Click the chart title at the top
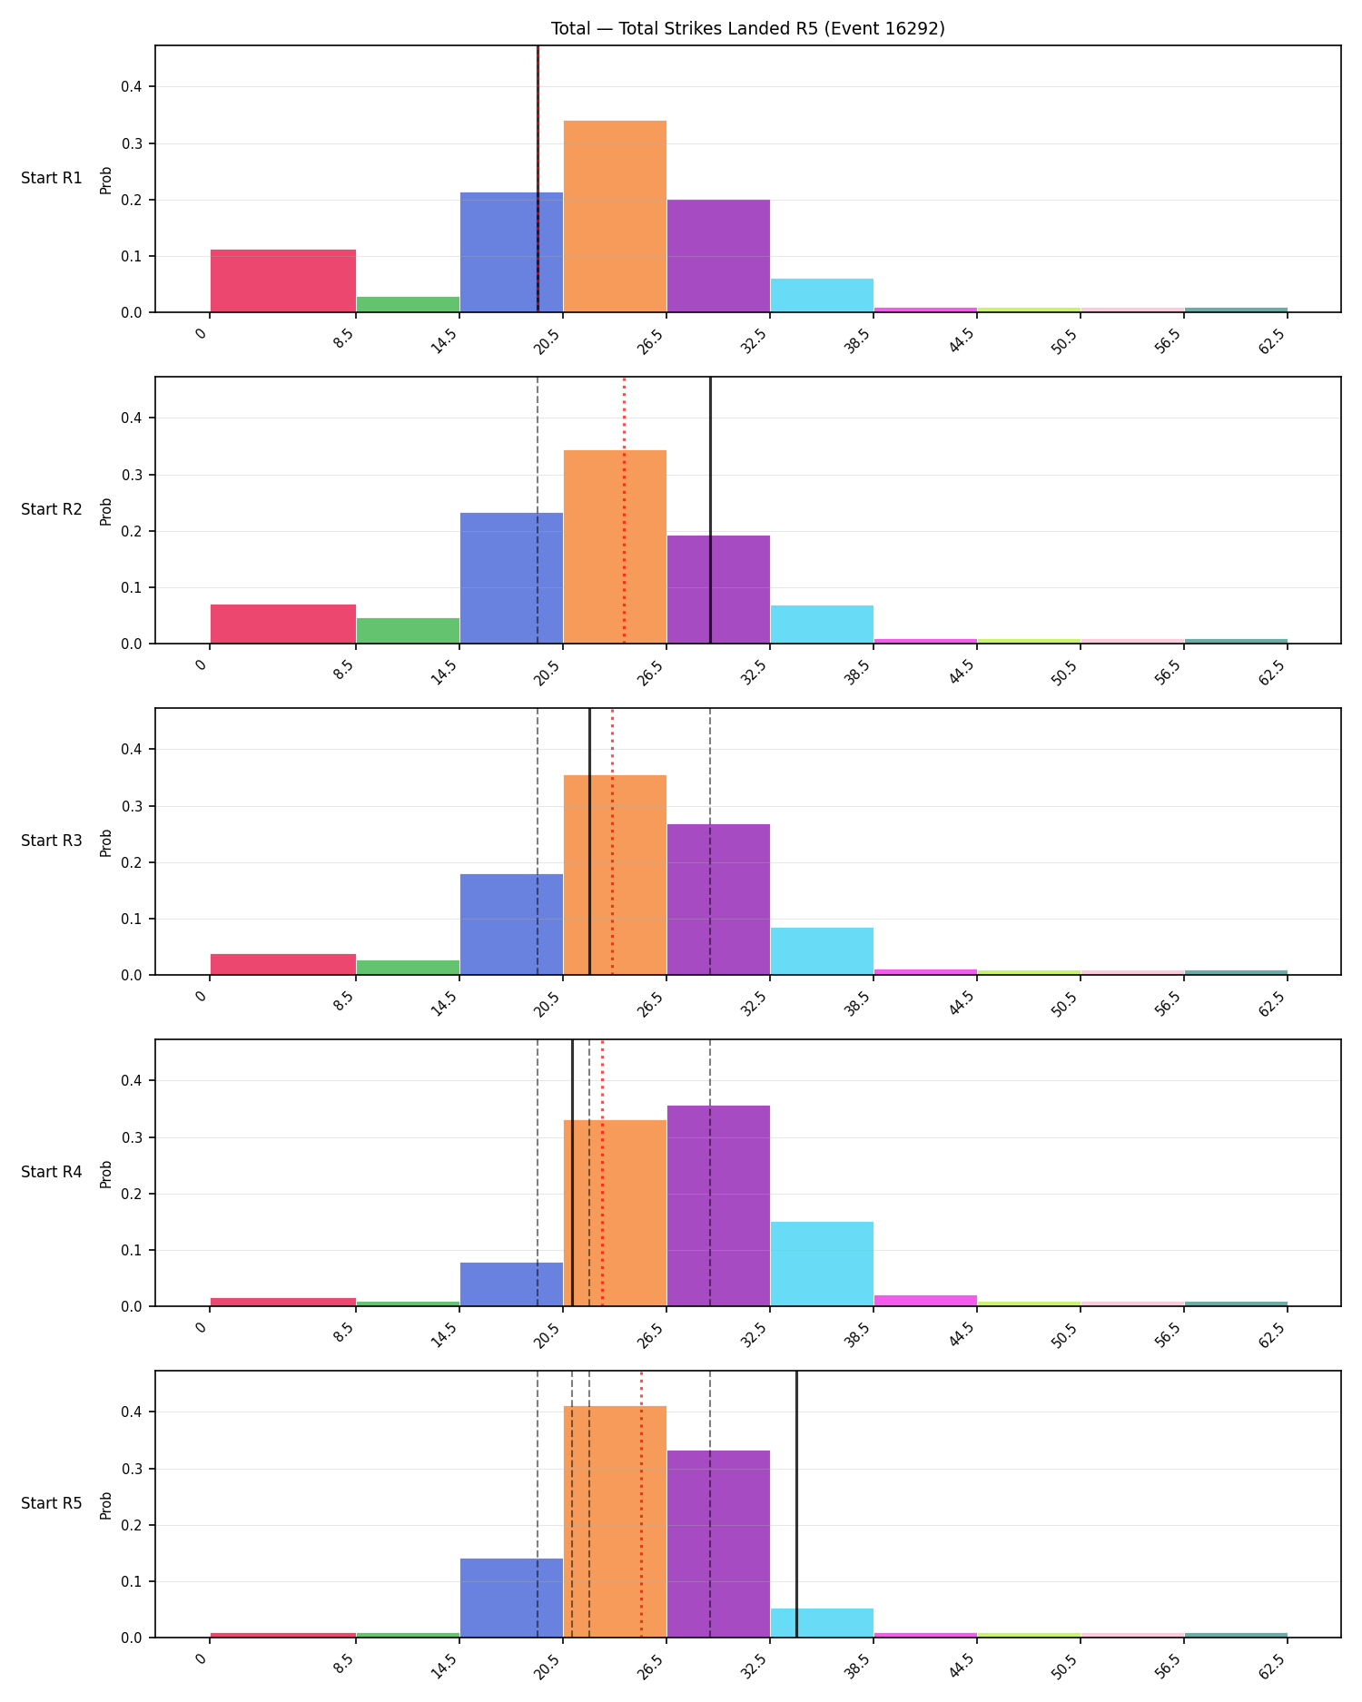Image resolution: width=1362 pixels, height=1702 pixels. [748, 28]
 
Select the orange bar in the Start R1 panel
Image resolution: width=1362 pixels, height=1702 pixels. [615, 216]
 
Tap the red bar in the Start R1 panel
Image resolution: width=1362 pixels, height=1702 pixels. [283, 280]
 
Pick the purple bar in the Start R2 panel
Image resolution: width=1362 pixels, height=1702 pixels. [718, 589]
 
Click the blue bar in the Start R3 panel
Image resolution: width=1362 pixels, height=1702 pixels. [511, 924]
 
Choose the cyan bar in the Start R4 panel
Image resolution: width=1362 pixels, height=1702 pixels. [822, 1264]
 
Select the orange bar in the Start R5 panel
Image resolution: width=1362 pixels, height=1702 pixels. [615, 1521]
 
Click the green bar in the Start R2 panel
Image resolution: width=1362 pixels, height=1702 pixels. [408, 630]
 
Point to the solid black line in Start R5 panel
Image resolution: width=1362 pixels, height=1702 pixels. [796, 1504]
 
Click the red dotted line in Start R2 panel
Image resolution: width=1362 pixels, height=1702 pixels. [624, 510]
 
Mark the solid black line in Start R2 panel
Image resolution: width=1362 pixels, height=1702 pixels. [710, 510]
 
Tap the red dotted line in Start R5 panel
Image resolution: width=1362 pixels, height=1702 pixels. [641, 1504]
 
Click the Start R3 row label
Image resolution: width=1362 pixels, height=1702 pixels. [52, 841]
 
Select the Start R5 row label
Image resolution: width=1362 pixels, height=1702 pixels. [52, 1503]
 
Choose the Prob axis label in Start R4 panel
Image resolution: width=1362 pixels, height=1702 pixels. [106, 1173]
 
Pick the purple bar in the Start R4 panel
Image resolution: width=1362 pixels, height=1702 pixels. [718, 1205]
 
